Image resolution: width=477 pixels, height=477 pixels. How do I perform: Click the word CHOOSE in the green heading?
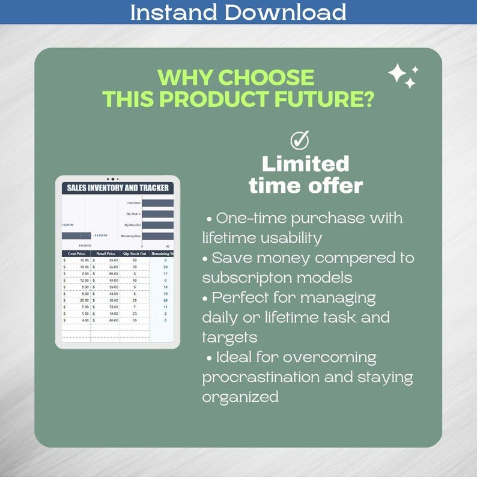pyautogui.click(x=266, y=77)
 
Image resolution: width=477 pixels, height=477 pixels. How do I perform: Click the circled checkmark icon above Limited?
pyautogui.click(x=299, y=141)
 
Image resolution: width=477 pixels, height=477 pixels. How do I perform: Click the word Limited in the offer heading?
pyautogui.click(x=305, y=164)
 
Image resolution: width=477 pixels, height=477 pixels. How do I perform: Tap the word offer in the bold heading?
pyautogui.click(x=336, y=186)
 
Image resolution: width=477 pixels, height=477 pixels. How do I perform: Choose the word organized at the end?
pyautogui.click(x=240, y=397)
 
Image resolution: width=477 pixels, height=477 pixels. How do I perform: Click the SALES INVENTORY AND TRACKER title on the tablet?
pyautogui.click(x=118, y=188)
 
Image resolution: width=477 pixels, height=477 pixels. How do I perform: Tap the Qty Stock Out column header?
pyautogui.click(x=135, y=254)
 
